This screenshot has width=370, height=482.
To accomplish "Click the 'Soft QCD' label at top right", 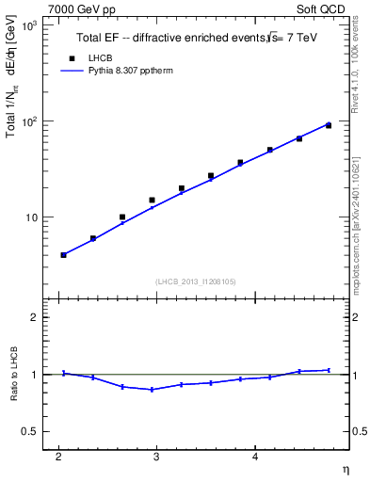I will [322, 8].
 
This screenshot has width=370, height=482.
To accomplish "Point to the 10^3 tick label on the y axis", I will [27, 25].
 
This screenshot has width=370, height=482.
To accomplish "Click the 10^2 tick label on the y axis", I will [27, 121].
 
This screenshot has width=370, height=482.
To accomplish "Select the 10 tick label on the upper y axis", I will [31, 217].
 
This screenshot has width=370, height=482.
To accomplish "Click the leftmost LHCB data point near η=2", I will [63, 255].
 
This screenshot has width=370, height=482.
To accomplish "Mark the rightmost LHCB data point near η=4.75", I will [328, 125].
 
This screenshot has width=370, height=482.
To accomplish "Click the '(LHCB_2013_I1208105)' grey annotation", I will [195, 281].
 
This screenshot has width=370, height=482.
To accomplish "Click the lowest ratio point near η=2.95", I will [152, 390].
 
